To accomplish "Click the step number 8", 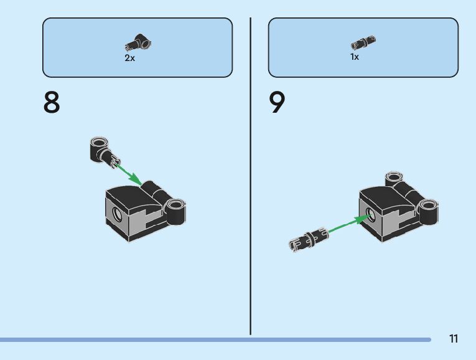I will (x=52, y=103).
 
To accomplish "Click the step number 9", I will (x=278, y=103).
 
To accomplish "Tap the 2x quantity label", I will (x=129, y=58).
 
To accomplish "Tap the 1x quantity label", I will (x=355, y=57).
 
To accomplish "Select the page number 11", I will (x=453, y=339).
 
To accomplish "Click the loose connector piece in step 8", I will (x=101, y=151).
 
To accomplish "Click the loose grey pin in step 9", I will (x=308, y=239).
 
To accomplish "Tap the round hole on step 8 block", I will (x=116, y=216).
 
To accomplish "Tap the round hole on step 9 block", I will (x=370, y=215).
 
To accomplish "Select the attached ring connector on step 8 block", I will (x=175, y=210).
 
